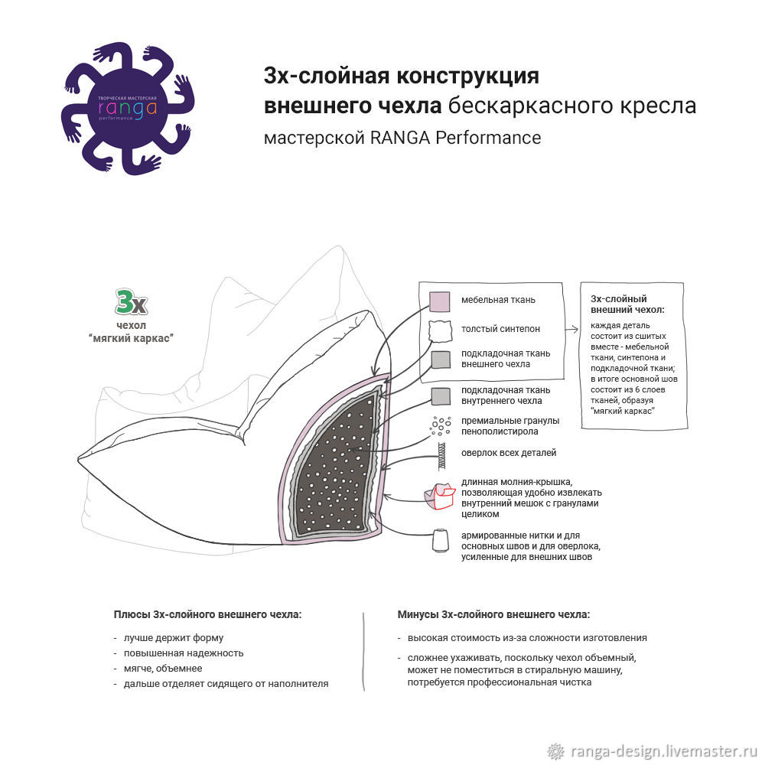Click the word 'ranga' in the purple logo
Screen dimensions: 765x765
(x=127, y=109)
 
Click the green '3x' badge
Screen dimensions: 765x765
(x=131, y=302)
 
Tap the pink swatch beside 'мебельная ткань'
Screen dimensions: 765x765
(x=440, y=301)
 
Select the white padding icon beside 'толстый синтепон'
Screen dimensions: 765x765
(x=440, y=331)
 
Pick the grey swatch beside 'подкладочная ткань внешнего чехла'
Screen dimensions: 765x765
(x=441, y=360)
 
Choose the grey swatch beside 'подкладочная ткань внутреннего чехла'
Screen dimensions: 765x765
(x=441, y=396)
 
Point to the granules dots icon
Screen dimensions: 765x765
(x=440, y=426)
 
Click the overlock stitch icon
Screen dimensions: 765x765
(x=441, y=456)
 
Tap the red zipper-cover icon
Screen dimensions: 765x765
(x=440, y=496)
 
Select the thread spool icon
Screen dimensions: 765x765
(x=441, y=541)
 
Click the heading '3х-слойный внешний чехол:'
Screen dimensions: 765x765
(x=627, y=304)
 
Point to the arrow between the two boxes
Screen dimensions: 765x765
(x=571, y=330)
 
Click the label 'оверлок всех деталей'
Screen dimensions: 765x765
(x=509, y=453)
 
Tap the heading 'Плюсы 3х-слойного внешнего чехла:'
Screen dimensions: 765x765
(x=207, y=614)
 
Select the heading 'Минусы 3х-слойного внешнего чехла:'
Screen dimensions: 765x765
(x=493, y=614)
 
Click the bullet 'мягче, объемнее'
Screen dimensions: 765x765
(x=162, y=669)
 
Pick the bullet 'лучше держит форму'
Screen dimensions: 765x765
(x=173, y=638)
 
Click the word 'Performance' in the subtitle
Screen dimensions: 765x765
(x=488, y=138)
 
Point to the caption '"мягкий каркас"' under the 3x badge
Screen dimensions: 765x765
(x=132, y=338)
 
